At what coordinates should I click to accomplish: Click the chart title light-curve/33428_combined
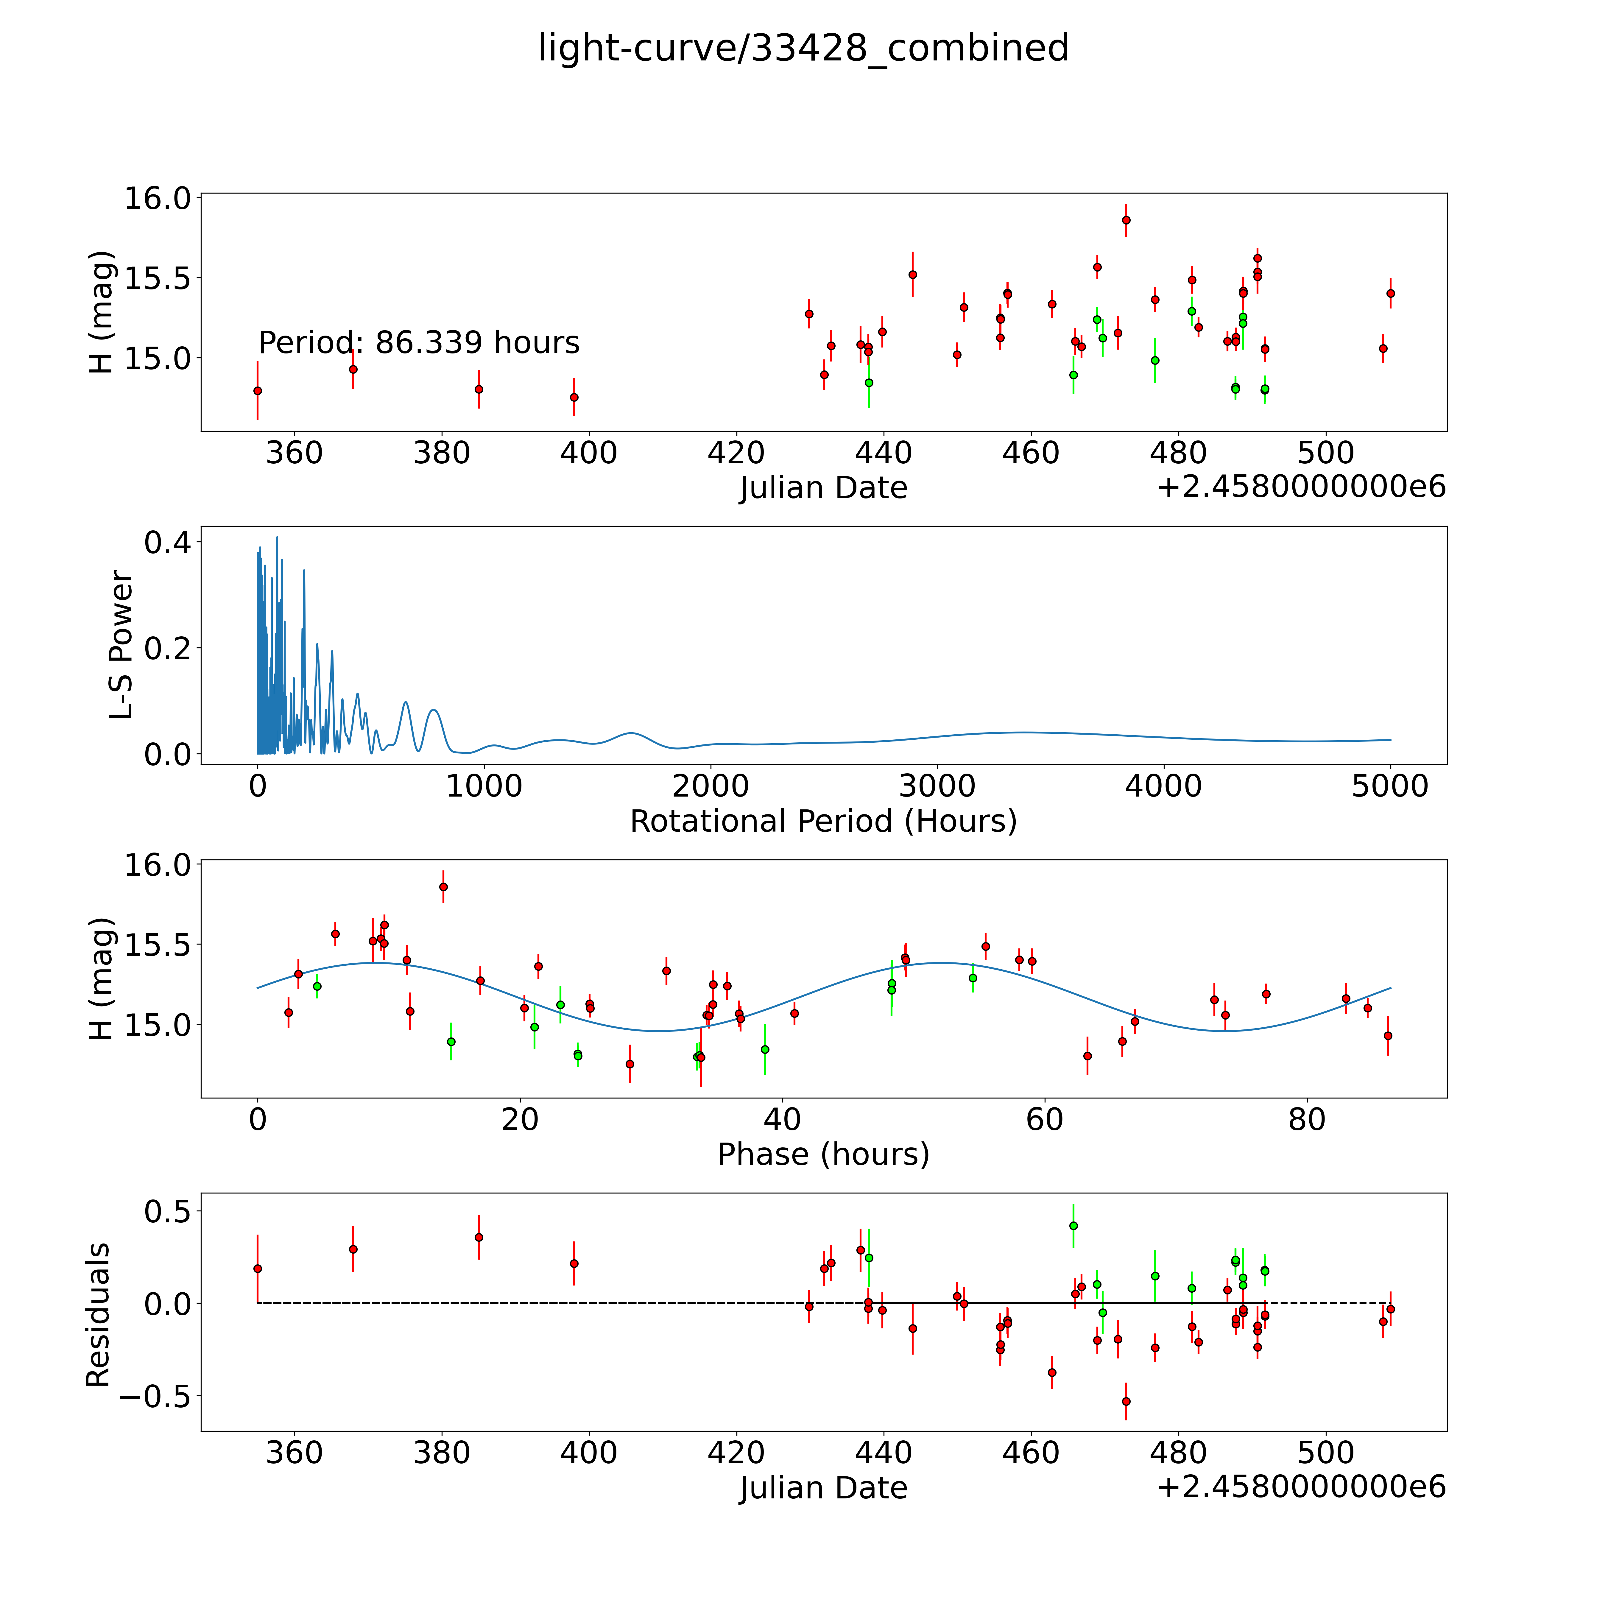pyautogui.click(x=803, y=48)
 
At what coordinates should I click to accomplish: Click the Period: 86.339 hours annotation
pyautogui.click(x=419, y=343)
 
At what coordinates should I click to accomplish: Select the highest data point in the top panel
pyautogui.click(x=1126, y=221)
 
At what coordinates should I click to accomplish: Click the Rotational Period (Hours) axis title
pyautogui.click(x=823, y=822)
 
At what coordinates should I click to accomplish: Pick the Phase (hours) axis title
pyautogui.click(x=823, y=1154)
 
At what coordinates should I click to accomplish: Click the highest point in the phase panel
pyautogui.click(x=444, y=886)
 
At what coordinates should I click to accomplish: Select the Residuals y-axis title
pyautogui.click(x=98, y=1315)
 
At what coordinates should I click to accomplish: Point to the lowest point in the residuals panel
pyautogui.click(x=1126, y=1402)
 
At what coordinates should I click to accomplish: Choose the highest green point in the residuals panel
pyautogui.click(x=1074, y=1226)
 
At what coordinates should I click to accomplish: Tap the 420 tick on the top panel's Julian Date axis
pyautogui.click(x=737, y=454)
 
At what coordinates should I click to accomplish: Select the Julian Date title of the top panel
pyautogui.click(x=823, y=488)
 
